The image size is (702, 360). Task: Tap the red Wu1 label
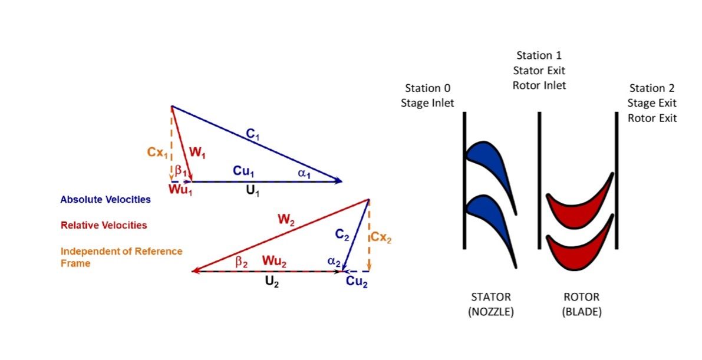(181, 191)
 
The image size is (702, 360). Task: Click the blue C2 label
(342, 234)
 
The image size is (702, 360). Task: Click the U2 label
(271, 282)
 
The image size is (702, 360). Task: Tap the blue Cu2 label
(357, 282)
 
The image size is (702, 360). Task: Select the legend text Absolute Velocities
(106, 200)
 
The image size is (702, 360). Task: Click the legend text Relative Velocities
(104, 225)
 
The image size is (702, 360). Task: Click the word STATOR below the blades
(490, 297)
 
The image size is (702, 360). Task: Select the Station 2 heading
(651, 88)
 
